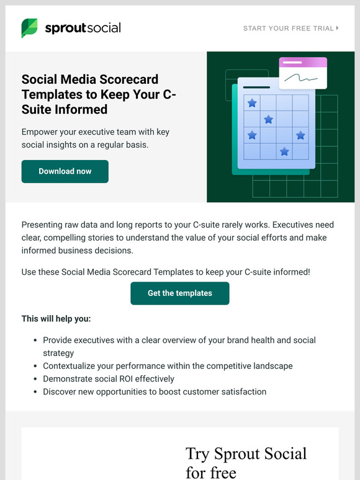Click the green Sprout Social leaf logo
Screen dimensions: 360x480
(29, 28)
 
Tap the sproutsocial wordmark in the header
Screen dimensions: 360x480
(83, 28)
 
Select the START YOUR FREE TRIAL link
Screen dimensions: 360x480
(288, 29)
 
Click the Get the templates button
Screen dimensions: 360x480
(180, 293)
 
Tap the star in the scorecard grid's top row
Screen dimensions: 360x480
(252, 103)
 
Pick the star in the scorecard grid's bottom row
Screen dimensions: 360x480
(284, 151)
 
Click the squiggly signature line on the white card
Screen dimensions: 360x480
(302, 78)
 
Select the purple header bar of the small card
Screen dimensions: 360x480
(303, 63)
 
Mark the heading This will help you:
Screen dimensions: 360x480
(56, 319)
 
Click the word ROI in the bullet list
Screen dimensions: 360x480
(120, 379)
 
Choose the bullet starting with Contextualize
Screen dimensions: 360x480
(168, 366)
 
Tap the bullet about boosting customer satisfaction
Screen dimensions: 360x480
(155, 392)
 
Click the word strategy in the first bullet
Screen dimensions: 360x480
(58, 353)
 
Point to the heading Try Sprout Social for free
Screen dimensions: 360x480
(246, 463)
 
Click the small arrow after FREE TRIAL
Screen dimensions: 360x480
(338, 29)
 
